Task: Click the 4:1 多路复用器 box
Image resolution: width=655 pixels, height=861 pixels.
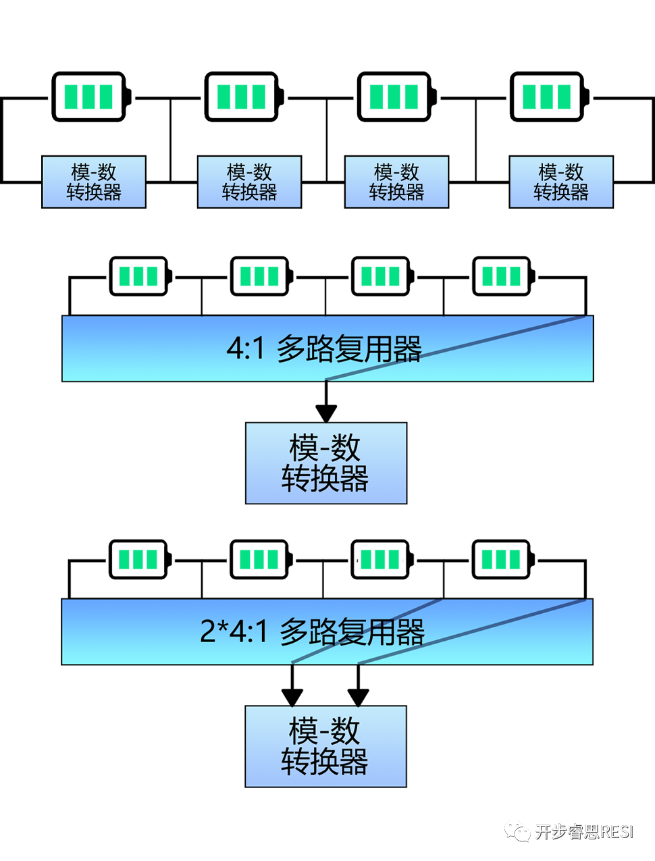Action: pyautogui.click(x=327, y=348)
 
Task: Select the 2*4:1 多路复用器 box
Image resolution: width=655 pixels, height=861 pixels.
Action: pyautogui.click(x=327, y=631)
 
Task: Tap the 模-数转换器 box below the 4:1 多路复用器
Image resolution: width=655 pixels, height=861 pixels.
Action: pyautogui.click(x=326, y=463)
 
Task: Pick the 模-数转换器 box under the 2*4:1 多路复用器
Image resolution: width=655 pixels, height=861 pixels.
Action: pyautogui.click(x=325, y=746)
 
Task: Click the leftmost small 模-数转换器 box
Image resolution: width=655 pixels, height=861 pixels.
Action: pyautogui.click(x=94, y=182)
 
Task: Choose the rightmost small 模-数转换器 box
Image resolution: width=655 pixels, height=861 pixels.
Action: pyautogui.click(x=561, y=182)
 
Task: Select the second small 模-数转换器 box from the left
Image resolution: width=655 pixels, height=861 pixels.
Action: pyautogui.click(x=249, y=182)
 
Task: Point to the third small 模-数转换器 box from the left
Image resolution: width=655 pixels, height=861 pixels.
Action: pyautogui.click(x=396, y=182)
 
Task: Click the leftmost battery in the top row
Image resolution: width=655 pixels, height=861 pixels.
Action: pyautogui.click(x=90, y=97)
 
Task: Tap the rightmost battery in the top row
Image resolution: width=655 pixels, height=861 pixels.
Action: pyautogui.click(x=548, y=97)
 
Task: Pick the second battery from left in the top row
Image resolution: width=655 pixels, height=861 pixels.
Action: pyautogui.click(x=243, y=97)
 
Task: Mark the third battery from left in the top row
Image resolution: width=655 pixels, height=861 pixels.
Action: pyautogui.click(x=396, y=97)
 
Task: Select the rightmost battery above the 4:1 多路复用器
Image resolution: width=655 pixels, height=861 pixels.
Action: pyautogui.click(x=502, y=276)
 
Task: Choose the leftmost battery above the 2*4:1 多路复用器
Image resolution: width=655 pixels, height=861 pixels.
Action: pyautogui.click(x=139, y=560)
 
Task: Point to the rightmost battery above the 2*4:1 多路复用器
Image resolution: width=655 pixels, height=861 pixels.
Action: pyautogui.click(x=502, y=560)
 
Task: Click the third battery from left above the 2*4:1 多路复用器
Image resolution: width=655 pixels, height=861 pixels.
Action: pyautogui.click(x=382, y=560)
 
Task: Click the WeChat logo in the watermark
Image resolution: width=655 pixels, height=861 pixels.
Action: pyautogui.click(x=518, y=831)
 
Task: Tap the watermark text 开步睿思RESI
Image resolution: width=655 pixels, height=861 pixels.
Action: pyautogui.click(x=584, y=831)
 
